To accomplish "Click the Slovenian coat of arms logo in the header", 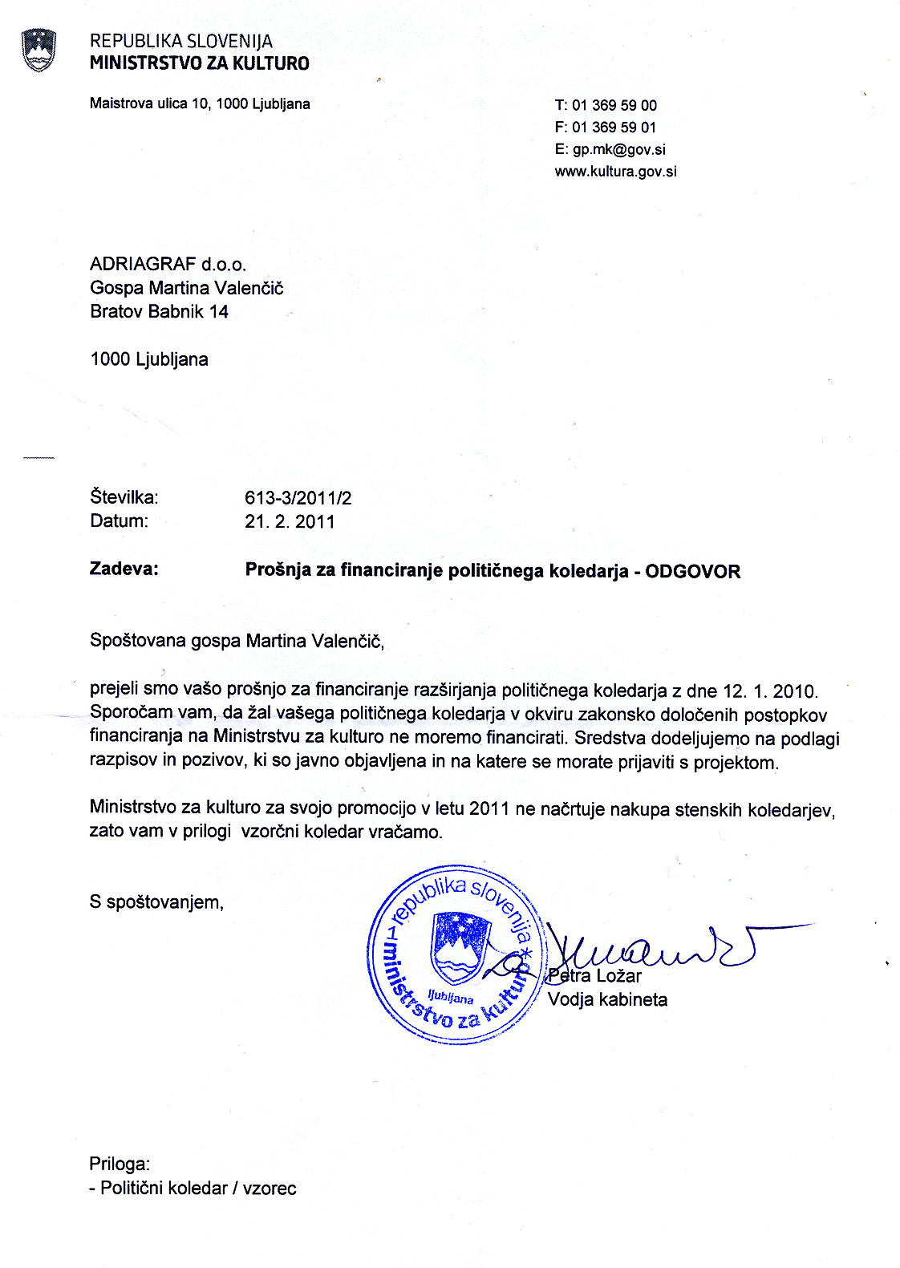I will coord(39,51).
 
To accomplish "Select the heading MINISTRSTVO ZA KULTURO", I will coord(199,63).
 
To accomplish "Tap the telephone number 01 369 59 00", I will coord(614,105).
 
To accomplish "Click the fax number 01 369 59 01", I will coord(614,127).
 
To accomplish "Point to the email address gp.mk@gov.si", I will coord(618,149).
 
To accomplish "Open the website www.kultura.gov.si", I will coord(615,171).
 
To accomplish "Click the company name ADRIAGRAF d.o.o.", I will coord(168,264).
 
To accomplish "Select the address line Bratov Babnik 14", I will coord(159,311).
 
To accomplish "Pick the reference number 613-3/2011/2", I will coord(298,497).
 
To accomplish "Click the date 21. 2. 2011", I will coord(290,521).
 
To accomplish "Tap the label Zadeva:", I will coord(124,569).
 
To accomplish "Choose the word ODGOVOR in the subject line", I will coord(692,571).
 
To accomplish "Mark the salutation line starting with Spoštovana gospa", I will coord(237,641).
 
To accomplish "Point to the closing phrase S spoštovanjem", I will coord(156,902).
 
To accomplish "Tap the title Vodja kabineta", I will coord(607,999).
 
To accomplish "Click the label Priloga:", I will coord(120,1164).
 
